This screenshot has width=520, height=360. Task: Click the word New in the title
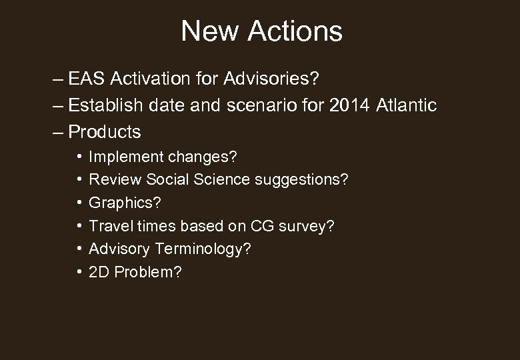pyautogui.click(x=205, y=31)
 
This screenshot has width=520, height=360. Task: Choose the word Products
pyautogui.click(x=105, y=131)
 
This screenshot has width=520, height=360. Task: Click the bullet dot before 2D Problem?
pyautogui.click(x=79, y=272)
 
